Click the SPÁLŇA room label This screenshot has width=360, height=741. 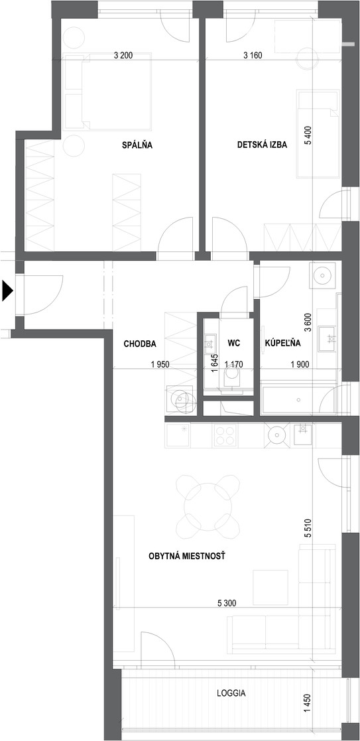137,145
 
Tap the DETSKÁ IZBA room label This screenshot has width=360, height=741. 262,145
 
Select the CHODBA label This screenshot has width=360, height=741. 140,344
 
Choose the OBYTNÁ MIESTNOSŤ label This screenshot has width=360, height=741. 186,557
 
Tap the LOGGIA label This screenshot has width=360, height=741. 231,694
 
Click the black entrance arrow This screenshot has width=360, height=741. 7,291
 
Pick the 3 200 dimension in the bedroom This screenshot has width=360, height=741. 124,55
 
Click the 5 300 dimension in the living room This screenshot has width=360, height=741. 227,602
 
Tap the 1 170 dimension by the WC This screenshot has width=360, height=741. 233,364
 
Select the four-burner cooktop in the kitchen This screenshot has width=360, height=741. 225,435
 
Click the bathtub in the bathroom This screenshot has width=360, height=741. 298,400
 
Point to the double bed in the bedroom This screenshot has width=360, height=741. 117,91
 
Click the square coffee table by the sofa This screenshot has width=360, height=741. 270,587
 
